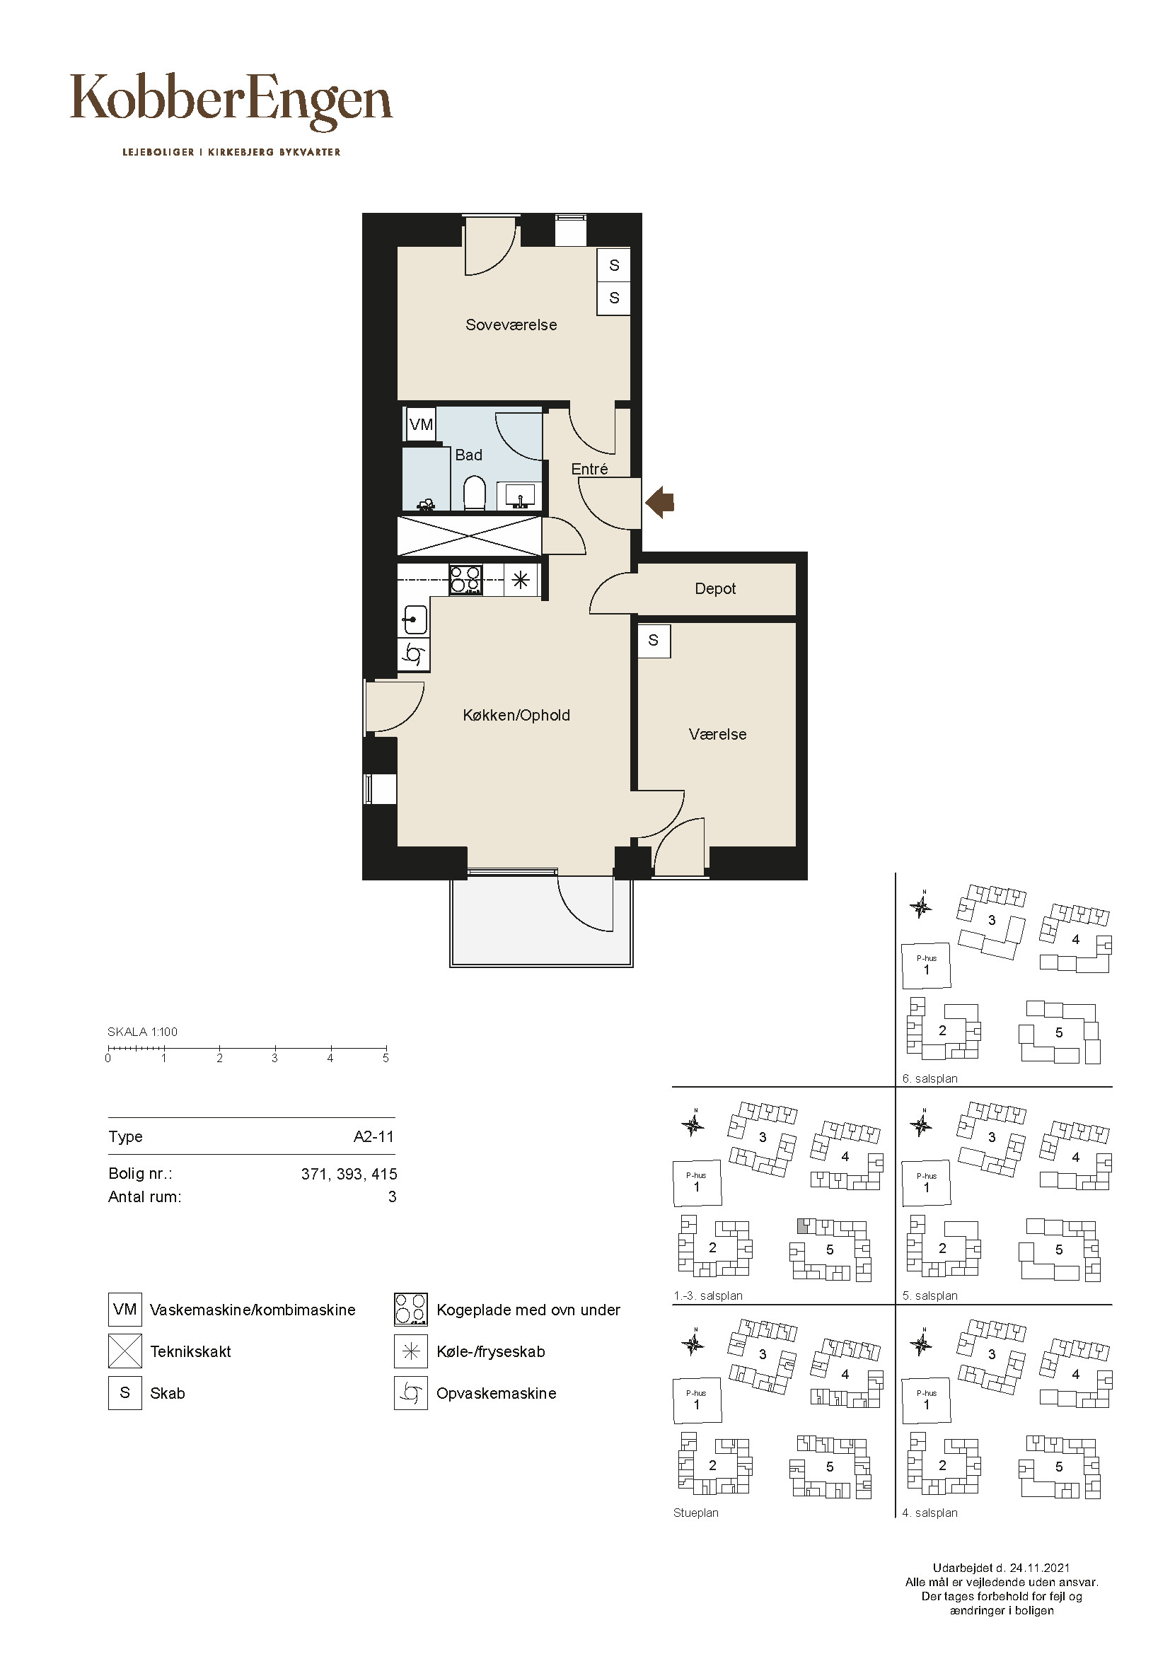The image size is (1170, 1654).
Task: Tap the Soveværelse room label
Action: pos(511,325)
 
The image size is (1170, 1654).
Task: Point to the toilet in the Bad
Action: pos(474,494)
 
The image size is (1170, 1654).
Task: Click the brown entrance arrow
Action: pos(659,501)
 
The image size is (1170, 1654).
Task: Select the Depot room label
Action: pos(715,588)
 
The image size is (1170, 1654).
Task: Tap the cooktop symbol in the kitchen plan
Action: pos(465,580)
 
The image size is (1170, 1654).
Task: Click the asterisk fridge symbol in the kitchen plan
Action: pos(521,579)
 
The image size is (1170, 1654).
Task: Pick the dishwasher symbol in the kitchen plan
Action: pos(414,655)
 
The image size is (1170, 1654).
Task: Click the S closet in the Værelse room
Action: pos(654,640)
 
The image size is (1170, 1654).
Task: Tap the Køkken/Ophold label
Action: pos(516,716)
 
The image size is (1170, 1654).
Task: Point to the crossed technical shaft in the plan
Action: pos(469,536)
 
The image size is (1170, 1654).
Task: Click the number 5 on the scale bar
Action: pos(386,1059)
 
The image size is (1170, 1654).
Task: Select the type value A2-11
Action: pos(374,1137)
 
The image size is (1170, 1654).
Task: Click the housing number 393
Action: pos(349,1175)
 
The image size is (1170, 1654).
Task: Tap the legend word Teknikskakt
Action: pos(190,1351)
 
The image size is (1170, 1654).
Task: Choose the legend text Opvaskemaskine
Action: pos(497,1393)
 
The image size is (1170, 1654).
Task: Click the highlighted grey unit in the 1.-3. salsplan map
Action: pos(802,1225)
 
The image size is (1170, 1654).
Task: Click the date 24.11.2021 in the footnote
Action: pos(1040,1568)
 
